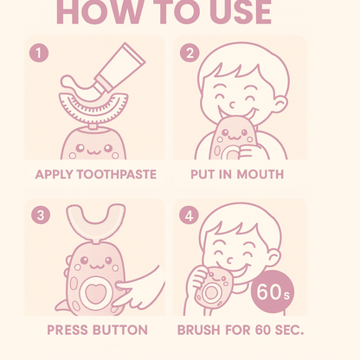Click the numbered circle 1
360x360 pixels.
39,53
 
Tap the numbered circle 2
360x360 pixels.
190,53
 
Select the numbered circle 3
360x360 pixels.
41,215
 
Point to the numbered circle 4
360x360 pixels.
189,215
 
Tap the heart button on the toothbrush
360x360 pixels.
95,292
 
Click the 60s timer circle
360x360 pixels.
273,292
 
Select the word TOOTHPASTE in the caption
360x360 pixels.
116,175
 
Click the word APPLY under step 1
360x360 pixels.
54,175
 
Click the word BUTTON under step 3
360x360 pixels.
120,330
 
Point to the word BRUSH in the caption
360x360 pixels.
199,330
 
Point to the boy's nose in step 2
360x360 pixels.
232,106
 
